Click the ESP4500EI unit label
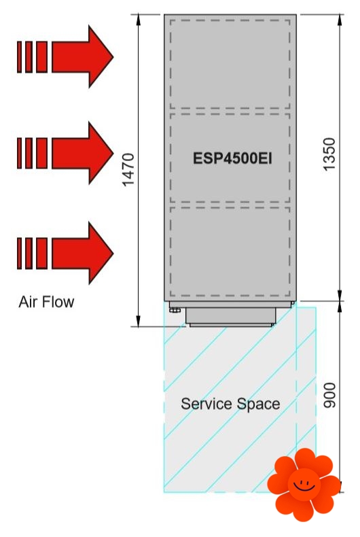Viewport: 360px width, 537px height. point(232,158)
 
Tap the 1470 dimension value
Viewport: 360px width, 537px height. point(128,170)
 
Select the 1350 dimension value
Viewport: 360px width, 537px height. point(329,154)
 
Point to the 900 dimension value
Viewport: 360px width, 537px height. point(329,396)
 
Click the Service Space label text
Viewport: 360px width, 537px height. point(230,404)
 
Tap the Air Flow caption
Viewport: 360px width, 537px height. point(46,302)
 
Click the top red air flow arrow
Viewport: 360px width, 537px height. point(65,56)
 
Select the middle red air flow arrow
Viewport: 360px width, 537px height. point(65,153)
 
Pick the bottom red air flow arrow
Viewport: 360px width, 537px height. point(65,253)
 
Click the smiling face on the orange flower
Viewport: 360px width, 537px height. point(304,484)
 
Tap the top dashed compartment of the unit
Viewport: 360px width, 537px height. point(230,64)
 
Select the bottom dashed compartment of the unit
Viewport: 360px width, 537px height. point(230,252)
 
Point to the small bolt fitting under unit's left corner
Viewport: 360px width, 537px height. point(175,310)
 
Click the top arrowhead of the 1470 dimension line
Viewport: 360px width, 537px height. point(139,20)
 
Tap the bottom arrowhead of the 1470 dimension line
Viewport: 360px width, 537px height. point(139,321)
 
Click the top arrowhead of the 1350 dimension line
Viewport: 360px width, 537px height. point(340,20)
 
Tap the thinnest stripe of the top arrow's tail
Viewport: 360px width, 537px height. point(19,57)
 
